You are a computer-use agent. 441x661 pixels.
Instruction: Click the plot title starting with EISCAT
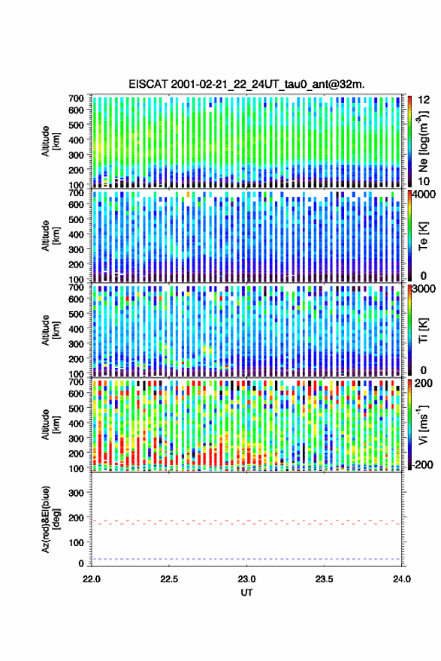click(246, 84)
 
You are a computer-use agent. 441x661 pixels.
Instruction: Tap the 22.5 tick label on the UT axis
click(169, 579)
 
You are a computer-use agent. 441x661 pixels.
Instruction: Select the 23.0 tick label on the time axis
click(246, 579)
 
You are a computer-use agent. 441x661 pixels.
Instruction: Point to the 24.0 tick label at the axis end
click(401, 579)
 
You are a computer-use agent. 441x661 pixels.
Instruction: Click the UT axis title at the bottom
click(246, 593)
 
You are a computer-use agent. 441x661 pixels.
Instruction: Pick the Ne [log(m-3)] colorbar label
click(423, 140)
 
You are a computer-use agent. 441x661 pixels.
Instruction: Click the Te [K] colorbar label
click(423, 236)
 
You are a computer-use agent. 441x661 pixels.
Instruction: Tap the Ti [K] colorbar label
click(423, 330)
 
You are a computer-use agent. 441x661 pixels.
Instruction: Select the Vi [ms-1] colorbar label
click(423, 424)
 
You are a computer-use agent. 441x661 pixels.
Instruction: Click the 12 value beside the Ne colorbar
click(424, 100)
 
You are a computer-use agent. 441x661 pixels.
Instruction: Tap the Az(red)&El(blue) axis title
click(50, 519)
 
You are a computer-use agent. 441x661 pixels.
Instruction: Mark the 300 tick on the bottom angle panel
click(77, 493)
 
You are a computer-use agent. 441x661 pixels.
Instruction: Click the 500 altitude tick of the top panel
click(77, 125)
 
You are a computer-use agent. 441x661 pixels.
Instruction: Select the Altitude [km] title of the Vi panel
click(50, 424)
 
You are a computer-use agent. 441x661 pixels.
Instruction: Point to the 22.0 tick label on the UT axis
click(92, 579)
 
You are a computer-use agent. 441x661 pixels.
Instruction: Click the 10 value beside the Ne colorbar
click(424, 181)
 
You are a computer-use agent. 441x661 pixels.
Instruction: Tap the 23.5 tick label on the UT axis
click(324, 579)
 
